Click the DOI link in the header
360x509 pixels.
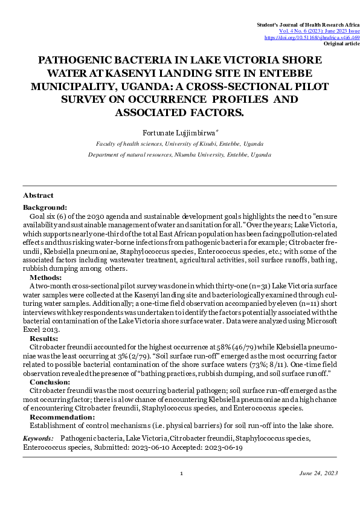point(312,37)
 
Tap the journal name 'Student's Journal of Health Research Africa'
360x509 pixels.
point(308,24)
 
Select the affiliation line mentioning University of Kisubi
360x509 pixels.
point(179,144)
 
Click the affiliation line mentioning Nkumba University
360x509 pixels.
point(179,155)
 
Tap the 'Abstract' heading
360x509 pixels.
point(38,195)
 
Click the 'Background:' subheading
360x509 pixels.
point(45,207)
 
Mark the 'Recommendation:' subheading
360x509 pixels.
point(62,417)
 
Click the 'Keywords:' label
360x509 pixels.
point(37,437)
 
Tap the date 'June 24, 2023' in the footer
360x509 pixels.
point(318,473)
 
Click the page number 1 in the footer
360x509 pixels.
point(181,473)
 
